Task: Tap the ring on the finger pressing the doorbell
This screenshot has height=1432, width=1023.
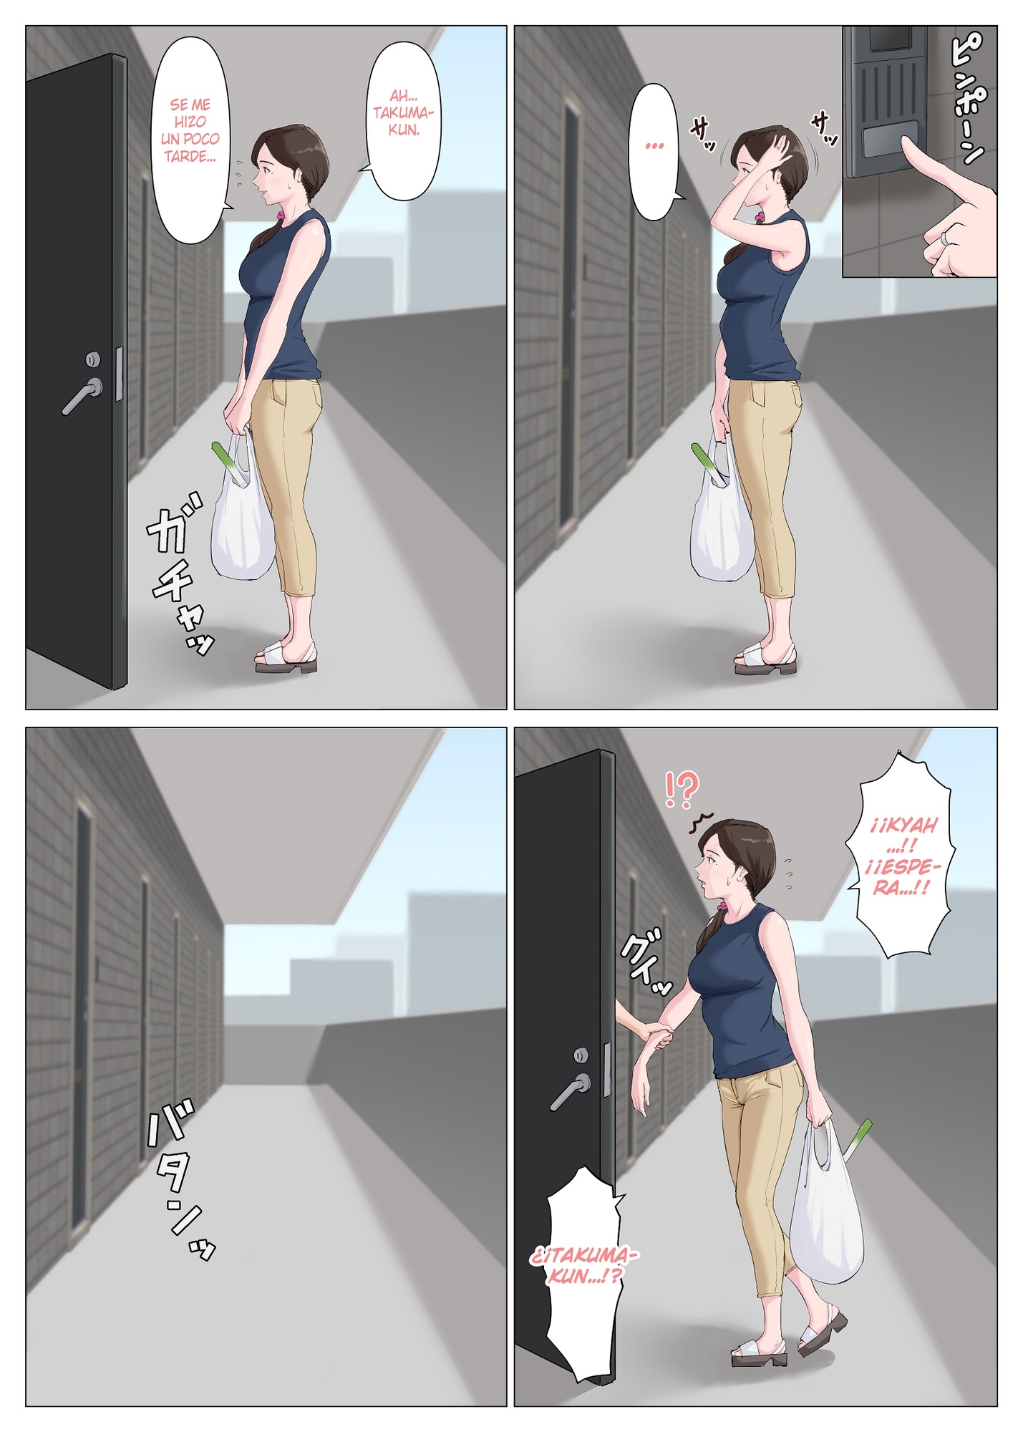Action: pyautogui.click(x=946, y=237)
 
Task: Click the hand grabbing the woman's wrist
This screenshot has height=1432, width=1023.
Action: pyautogui.click(x=657, y=1037)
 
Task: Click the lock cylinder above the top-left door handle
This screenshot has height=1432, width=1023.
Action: pyautogui.click(x=93, y=359)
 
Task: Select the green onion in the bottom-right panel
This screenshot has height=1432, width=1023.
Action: pyautogui.click(x=859, y=1137)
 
